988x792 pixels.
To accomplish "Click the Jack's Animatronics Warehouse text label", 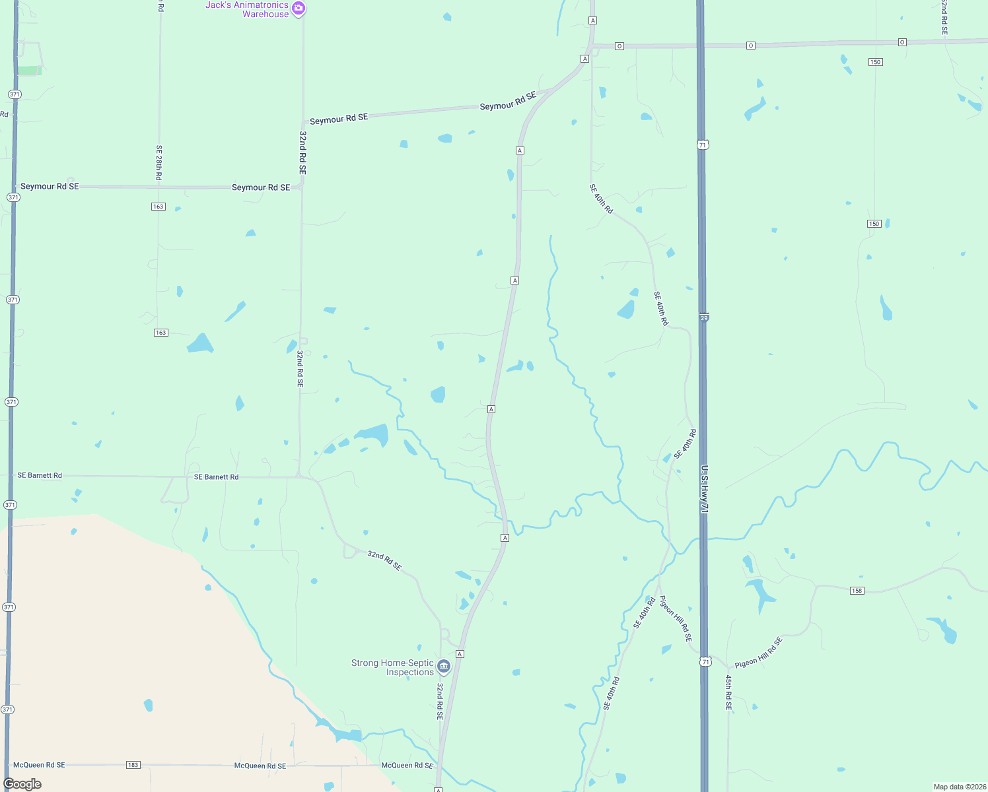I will (x=247, y=9).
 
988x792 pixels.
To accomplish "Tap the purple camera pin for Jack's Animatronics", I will (x=299, y=9).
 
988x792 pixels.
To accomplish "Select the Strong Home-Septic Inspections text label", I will (x=392, y=667).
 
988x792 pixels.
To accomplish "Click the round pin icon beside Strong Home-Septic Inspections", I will (x=444, y=667).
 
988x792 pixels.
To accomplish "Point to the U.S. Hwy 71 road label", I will (x=704, y=489).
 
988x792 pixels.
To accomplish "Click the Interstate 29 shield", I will (x=704, y=317).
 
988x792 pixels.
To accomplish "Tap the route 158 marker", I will (x=857, y=590).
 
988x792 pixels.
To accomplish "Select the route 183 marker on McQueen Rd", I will (x=133, y=765).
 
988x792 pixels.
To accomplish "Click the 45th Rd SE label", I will (x=728, y=692).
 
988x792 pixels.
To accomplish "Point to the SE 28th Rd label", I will (x=159, y=163).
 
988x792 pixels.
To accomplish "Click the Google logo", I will (x=22, y=784).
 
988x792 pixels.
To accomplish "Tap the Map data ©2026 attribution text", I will (x=959, y=787).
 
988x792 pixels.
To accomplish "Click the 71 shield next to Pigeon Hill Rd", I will (x=706, y=661).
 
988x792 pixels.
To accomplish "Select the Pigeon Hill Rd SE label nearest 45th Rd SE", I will (x=759, y=652).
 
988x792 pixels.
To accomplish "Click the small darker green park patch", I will (x=29, y=71).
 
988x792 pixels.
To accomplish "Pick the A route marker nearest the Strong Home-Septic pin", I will (x=460, y=654).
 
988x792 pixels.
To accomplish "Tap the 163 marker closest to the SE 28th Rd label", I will (x=158, y=207).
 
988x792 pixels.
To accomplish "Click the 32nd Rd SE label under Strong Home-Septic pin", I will (x=440, y=701).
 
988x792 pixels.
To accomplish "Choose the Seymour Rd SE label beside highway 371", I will (x=50, y=186).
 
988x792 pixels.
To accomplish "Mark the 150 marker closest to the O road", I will (x=875, y=62).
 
